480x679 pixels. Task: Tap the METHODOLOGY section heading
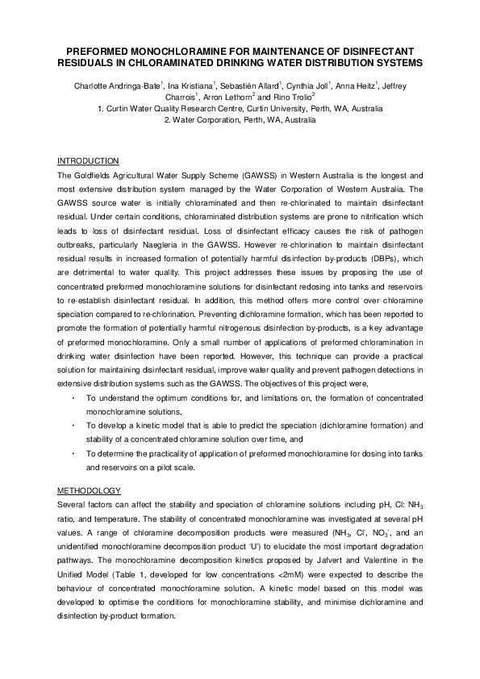click(89, 490)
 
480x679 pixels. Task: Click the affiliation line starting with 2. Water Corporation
click(240, 119)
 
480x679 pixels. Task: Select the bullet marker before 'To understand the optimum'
click(73, 398)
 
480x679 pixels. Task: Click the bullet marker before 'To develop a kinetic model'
click(73, 424)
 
